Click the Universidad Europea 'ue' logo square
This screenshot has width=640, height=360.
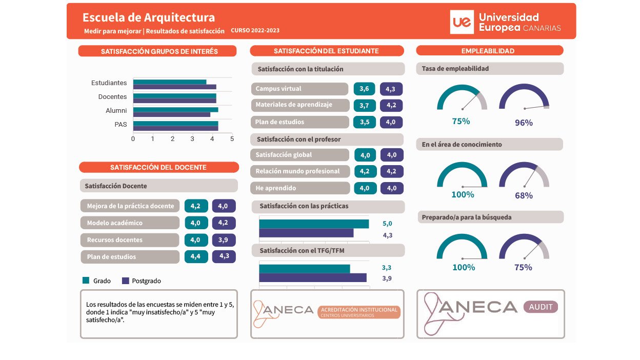pos(462,22)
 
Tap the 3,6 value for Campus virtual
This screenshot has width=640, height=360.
pos(364,89)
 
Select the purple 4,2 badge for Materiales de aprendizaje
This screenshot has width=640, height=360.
pos(391,106)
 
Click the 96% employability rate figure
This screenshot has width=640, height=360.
pos(524,123)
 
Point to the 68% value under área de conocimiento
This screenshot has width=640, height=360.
pos(524,196)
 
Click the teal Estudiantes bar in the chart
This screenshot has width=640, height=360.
pos(170,82)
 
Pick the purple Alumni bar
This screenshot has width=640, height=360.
pos(172,114)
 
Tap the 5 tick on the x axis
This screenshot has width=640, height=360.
pos(232,139)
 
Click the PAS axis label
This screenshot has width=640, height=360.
pos(121,124)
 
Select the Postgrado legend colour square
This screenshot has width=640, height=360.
pos(126,281)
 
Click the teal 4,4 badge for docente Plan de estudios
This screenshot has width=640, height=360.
pos(196,256)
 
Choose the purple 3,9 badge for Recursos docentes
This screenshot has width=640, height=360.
pos(224,240)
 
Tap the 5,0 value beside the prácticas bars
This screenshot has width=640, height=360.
pos(387,224)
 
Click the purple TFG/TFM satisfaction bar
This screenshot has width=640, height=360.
pos(313,278)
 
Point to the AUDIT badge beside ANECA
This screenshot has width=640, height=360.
pos(541,307)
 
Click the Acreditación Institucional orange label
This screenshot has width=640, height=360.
pos(359,312)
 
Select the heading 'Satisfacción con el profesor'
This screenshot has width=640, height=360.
pos(298,139)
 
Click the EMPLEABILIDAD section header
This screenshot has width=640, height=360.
pos(490,51)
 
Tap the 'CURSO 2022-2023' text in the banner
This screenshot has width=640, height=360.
pos(255,30)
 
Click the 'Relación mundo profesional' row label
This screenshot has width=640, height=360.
pos(297,171)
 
